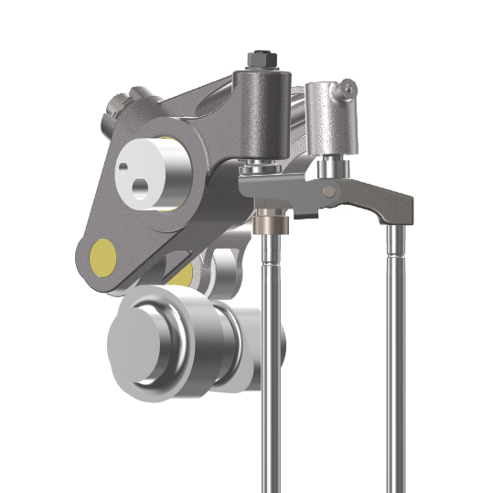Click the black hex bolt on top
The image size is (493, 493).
pyautogui.click(x=260, y=58)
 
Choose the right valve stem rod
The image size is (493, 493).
pyautogui.click(x=395, y=366)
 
